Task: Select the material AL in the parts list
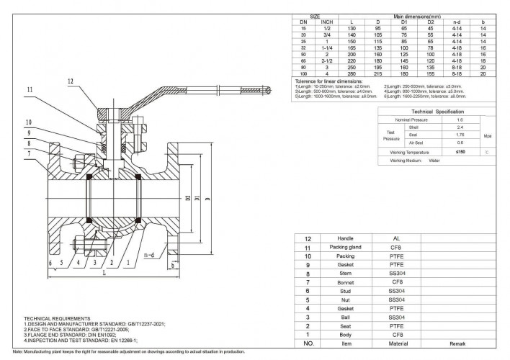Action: [396, 238]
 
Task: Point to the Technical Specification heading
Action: [431, 112]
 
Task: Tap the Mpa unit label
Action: [487, 135]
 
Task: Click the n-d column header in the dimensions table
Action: [457, 22]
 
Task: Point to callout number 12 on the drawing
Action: [71, 81]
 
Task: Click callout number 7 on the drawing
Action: [30, 153]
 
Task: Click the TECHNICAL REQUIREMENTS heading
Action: [57, 318]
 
